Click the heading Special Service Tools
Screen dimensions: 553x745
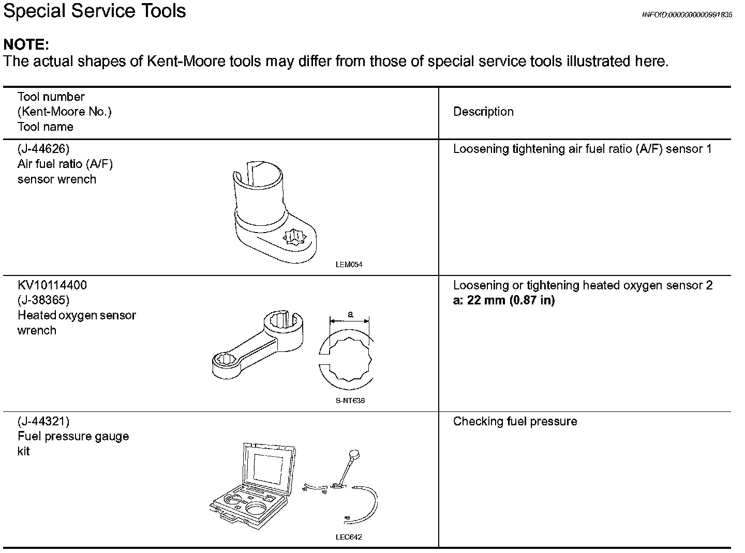[x=95, y=11]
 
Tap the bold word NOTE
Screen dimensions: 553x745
[x=26, y=44]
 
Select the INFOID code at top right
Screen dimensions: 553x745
[x=687, y=15]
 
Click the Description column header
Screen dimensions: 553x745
[x=483, y=112]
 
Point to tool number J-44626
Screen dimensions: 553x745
[x=43, y=149]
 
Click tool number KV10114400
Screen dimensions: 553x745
[x=52, y=285]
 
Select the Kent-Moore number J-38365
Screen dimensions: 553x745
[x=43, y=300]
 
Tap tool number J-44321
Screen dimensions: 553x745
[x=43, y=422]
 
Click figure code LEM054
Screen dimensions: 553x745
[x=349, y=265]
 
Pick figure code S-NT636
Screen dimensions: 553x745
[x=350, y=401]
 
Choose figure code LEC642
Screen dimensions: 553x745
[x=349, y=537]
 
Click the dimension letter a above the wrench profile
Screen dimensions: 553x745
[x=350, y=314]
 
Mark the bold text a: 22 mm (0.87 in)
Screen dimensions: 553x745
[x=504, y=301]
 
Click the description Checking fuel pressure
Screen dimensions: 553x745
[x=515, y=422]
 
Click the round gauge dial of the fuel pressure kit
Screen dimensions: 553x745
[x=354, y=454]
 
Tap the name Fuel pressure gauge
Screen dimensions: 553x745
[x=73, y=437]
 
